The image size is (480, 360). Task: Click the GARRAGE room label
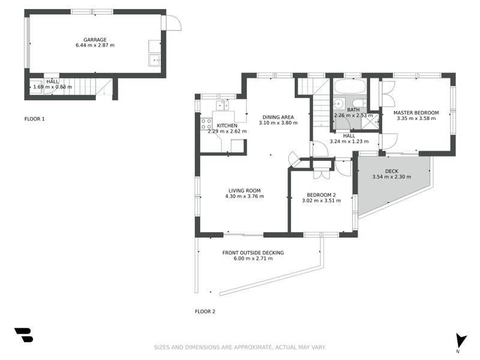point(95,40)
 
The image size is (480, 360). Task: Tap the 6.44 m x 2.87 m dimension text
point(95,46)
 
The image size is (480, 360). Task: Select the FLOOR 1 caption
point(34,119)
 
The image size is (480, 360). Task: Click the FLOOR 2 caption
point(205,311)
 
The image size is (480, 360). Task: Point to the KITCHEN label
point(227,125)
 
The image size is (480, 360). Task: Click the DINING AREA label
point(278,117)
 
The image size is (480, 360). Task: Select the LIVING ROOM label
point(244,191)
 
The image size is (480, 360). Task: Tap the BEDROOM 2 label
point(321,195)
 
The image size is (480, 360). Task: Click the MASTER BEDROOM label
point(416,113)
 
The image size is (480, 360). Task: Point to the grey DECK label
point(391,171)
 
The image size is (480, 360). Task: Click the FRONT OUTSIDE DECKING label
point(253,253)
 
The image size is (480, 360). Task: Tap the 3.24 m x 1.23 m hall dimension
point(349,142)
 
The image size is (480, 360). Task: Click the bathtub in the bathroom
point(348,86)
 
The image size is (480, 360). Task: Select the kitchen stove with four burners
point(206,124)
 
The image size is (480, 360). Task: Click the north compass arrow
point(460,340)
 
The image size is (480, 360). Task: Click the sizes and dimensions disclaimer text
point(240,347)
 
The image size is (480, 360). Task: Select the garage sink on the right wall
point(155,59)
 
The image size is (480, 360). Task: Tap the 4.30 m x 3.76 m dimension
point(244,197)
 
